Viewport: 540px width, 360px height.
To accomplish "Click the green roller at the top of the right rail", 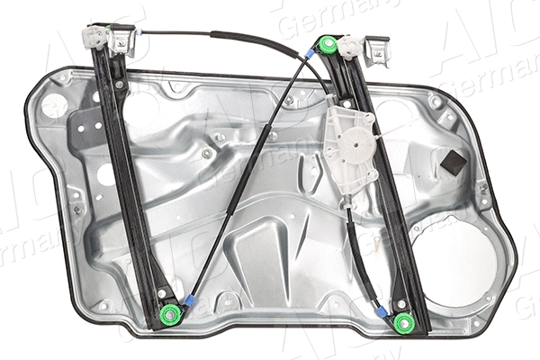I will [x=327, y=45].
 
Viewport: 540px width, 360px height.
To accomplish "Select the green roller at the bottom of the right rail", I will [x=402, y=321].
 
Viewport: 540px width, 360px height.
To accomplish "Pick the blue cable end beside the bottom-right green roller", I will [x=382, y=310].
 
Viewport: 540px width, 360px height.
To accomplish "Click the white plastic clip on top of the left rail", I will [x=93, y=37].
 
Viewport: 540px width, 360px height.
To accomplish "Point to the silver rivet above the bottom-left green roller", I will [x=163, y=292].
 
